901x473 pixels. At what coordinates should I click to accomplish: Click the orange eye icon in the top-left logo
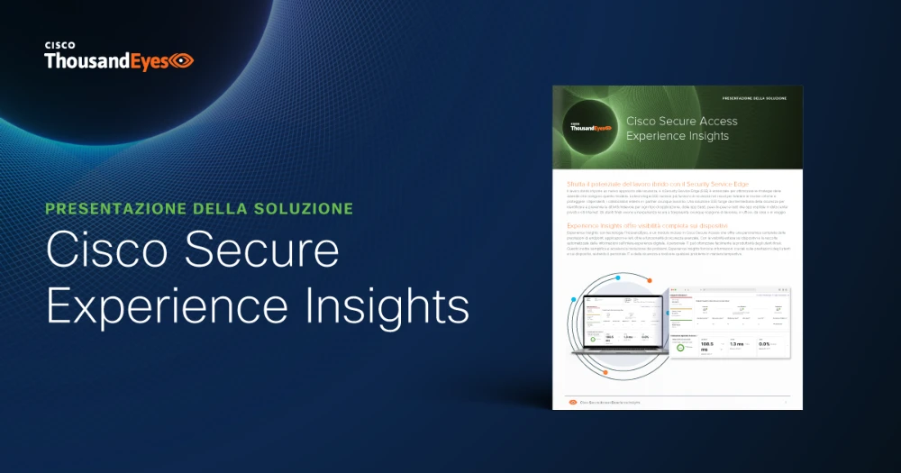click(x=182, y=61)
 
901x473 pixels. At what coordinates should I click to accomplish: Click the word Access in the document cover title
click(x=718, y=121)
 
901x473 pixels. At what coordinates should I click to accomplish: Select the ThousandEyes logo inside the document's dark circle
click(x=588, y=127)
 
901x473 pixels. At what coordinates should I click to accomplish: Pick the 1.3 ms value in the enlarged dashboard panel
click(x=737, y=345)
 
